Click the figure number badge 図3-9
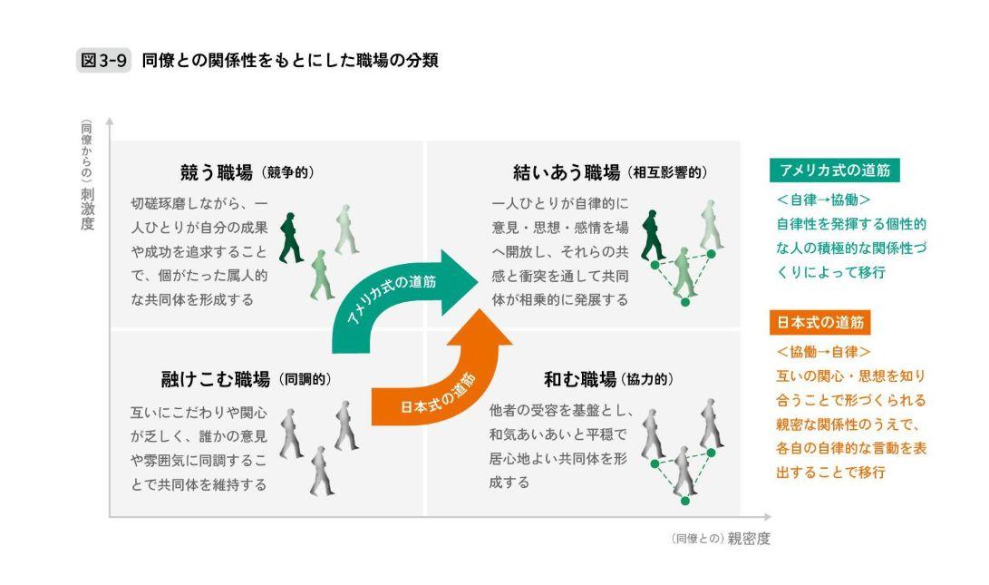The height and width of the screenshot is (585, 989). point(103,61)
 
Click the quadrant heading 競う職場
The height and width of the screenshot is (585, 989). point(217,172)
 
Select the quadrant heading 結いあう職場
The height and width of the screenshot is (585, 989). point(567,172)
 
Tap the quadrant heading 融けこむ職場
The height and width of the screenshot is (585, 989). point(215,379)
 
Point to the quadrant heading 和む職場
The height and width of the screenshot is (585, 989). point(579,379)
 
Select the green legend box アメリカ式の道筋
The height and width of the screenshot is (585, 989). point(835,171)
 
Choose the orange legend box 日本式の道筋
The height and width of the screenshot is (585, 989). point(820,323)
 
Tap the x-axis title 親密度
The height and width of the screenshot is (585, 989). point(749,539)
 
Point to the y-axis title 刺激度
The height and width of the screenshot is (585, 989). point(87,209)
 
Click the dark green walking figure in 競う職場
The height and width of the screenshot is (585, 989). point(290,238)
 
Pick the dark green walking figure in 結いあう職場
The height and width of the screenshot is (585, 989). point(653,236)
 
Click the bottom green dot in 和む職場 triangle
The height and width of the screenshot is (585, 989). point(685,501)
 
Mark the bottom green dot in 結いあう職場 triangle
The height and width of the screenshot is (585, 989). point(685,302)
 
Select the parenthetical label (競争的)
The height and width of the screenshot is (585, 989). point(287,173)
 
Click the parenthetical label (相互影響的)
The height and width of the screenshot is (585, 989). point(667,173)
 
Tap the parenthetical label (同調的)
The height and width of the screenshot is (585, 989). point(304,380)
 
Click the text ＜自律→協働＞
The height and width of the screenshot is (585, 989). point(823,200)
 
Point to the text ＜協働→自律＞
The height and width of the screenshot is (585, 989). point(823,352)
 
